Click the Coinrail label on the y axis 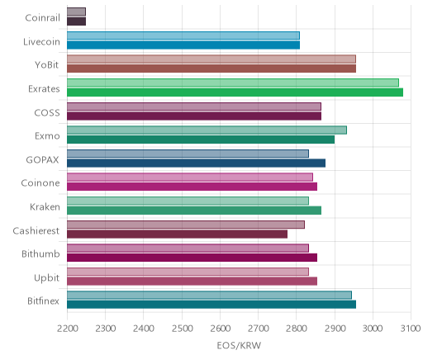42,17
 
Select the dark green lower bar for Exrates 235,92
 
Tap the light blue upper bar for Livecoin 183,36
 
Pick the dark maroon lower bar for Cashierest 177,234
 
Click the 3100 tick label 411,329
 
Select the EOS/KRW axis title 239,345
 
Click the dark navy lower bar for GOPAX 196,163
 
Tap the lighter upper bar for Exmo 207,130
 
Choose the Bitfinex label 43,301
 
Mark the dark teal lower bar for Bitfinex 211,305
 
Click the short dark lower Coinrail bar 76,21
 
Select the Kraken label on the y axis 45,206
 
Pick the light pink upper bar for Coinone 190,178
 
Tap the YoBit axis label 47,65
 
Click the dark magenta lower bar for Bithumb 192,258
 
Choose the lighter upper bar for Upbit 188,272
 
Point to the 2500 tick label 182,329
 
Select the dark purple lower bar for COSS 194,116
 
